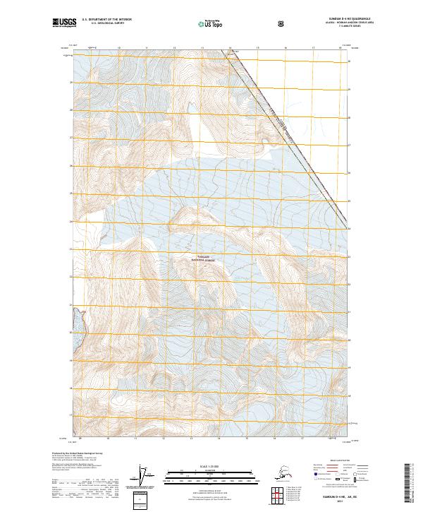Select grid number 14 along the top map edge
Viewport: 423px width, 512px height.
tap(230, 48)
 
